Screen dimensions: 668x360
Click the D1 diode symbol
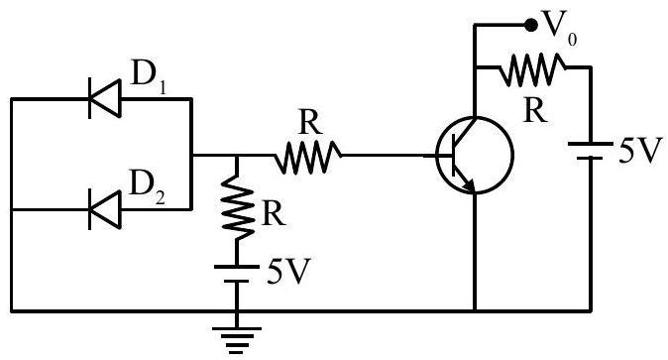point(105,98)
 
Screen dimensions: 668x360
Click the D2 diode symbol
point(105,209)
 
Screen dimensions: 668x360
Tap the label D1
point(149,76)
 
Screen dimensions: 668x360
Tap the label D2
point(147,186)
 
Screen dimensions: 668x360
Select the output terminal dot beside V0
point(530,26)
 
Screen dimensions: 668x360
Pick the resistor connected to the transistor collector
point(532,68)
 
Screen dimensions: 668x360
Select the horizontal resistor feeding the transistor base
point(307,156)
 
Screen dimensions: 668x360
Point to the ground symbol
point(237,340)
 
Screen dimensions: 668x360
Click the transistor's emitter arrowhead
point(469,185)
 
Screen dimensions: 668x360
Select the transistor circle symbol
point(474,156)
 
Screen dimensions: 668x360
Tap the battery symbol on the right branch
point(590,151)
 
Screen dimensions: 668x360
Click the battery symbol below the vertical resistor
point(237,275)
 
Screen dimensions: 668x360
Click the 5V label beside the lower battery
point(287,271)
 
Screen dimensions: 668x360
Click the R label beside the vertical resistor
point(274,213)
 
